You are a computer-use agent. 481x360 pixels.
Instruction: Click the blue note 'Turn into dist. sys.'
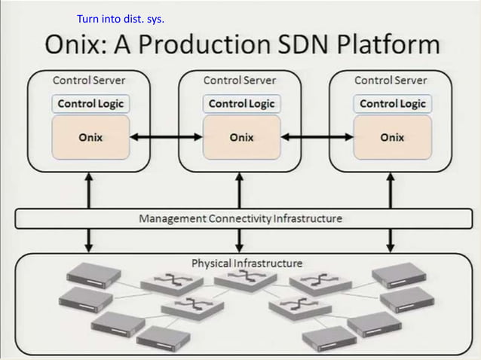pyautogui.click(x=121, y=18)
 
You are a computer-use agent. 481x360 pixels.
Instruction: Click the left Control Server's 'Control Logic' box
pyautogui.click(x=90, y=104)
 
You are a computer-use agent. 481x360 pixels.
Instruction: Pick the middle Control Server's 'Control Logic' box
pyautogui.click(x=241, y=104)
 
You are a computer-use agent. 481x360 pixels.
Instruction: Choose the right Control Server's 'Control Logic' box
pyautogui.click(x=392, y=104)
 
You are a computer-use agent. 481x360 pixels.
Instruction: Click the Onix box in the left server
pyautogui.click(x=90, y=137)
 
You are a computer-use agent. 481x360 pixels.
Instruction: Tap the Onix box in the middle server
pyautogui.click(x=241, y=137)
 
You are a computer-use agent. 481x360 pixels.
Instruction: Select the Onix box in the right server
pyautogui.click(x=392, y=137)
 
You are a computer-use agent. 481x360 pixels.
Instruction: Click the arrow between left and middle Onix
pyautogui.click(x=166, y=137)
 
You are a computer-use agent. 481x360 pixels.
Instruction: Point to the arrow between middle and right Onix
pyautogui.click(x=317, y=137)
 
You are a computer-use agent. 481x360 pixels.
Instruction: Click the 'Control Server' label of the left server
pyautogui.click(x=89, y=80)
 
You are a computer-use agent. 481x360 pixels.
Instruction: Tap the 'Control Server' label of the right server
pyautogui.click(x=391, y=80)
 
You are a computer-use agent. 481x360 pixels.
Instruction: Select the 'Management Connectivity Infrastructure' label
pyautogui.click(x=240, y=219)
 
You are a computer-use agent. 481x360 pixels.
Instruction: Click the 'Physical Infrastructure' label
pyautogui.click(x=247, y=263)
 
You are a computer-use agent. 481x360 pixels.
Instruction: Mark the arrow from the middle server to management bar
pyautogui.click(x=240, y=190)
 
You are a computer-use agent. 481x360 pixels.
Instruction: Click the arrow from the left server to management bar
pyautogui.click(x=89, y=190)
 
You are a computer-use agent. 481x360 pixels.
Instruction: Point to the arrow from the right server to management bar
pyautogui.click(x=391, y=190)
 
